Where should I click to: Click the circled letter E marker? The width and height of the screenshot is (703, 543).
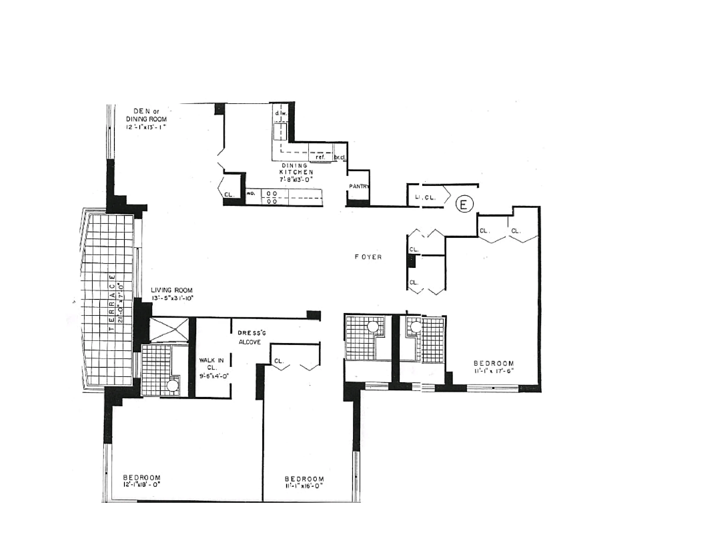pyautogui.click(x=464, y=205)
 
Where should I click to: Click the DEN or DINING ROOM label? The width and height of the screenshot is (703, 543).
pyautogui.click(x=147, y=115)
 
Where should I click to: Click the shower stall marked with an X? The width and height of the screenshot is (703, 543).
pyautogui.click(x=169, y=329)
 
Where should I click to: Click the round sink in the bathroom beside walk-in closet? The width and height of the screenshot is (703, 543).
pyautogui.click(x=172, y=385)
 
